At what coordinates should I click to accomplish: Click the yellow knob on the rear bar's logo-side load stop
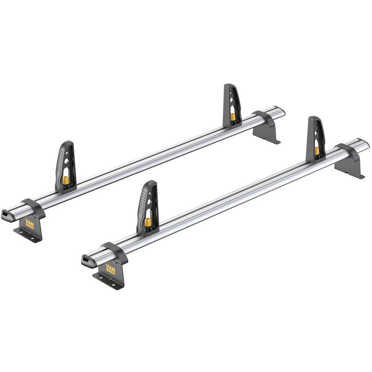(x=66, y=179)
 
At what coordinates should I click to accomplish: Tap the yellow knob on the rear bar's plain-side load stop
(x=232, y=116)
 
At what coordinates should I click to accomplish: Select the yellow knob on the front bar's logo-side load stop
(x=147, y=222)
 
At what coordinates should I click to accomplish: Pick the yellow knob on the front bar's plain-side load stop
(x=317, y=150)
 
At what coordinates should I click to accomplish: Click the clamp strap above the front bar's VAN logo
(x=113, y=251)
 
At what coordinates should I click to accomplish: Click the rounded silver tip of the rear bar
(x=281, y=112)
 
